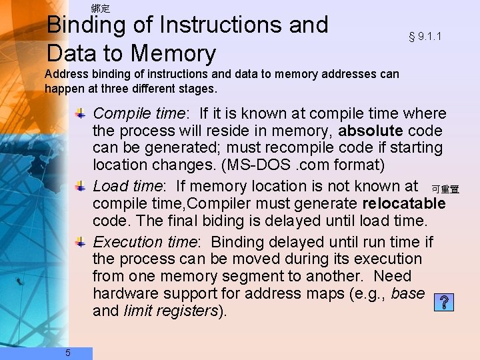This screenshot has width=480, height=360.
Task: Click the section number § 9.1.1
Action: point(425,37)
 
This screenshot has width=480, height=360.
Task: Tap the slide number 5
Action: point(67,353)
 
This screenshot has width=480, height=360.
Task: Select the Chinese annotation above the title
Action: point(100,9)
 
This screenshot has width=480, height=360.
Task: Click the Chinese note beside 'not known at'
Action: point(445,190)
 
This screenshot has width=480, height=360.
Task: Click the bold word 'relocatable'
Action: point(403,203)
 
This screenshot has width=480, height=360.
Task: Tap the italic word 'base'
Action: point(408,293)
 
